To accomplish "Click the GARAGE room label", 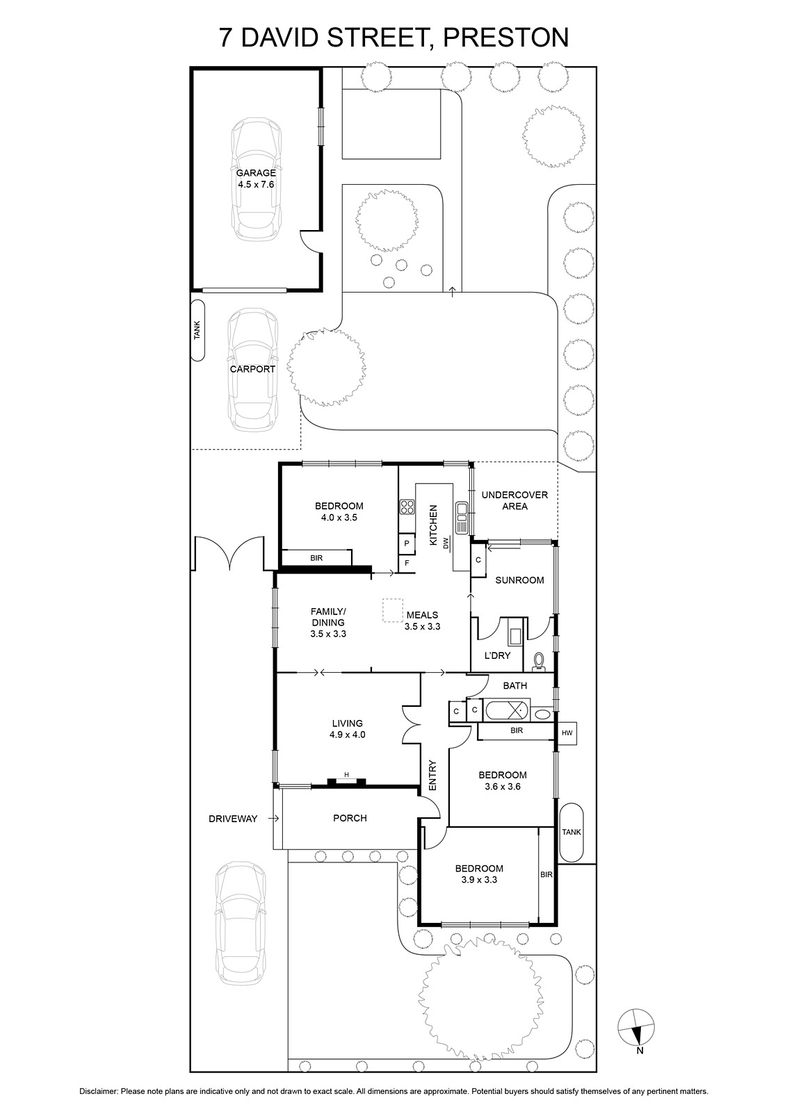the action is pos(256,173).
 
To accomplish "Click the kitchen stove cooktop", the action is pos(407,507).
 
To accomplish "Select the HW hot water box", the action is pos(567,733).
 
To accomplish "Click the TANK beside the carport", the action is pos(197,330).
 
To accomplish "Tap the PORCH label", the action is pos(350,818).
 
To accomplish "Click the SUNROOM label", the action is pos(519,580).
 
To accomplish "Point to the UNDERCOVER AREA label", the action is pos(515,500).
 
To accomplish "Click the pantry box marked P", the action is pos(407,543).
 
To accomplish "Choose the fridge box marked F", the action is pos(407,563).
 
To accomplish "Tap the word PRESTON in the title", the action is pos(505,38).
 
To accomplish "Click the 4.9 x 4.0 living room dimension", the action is pos(347,735).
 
